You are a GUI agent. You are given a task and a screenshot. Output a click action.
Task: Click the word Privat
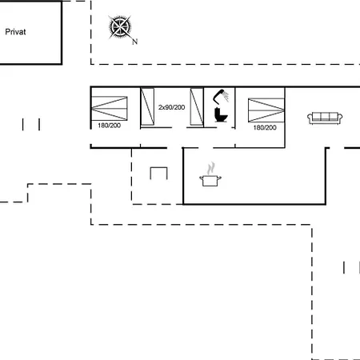(x=15, y=32)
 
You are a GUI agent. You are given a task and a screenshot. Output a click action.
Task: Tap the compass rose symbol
(x=120, y=27)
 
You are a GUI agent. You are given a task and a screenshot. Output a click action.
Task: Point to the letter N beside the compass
(x=135, y=42)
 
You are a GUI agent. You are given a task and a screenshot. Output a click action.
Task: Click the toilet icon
(x=221, y=114)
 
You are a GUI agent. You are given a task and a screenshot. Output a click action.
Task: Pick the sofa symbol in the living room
(x=325, y=118)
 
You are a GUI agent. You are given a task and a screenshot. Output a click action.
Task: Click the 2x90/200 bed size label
(x=171, y=107)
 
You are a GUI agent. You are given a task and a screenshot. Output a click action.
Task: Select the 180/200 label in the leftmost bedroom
(x=110, y=126)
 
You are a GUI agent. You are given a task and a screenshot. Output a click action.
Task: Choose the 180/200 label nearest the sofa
(x=265, y=127)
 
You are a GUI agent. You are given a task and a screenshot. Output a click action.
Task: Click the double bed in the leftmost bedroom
(x=110, y=108)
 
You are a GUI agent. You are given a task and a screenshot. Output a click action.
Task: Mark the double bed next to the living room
(x=266, y=110)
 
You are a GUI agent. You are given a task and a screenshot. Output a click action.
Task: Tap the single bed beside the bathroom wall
(x=197, y=106)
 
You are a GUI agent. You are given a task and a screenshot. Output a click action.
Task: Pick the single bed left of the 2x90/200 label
(x=147, y=106)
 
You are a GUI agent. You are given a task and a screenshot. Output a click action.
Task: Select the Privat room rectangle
(x=62, y=32)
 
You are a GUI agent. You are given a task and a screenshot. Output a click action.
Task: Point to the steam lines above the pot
(x=211, y=168)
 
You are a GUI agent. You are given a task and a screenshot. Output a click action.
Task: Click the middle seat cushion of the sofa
(x=325, y=117)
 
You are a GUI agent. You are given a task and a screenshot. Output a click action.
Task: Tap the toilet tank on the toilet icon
(x=217, y=111)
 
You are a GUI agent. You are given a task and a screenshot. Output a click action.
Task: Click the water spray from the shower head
(x=226, y=96)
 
